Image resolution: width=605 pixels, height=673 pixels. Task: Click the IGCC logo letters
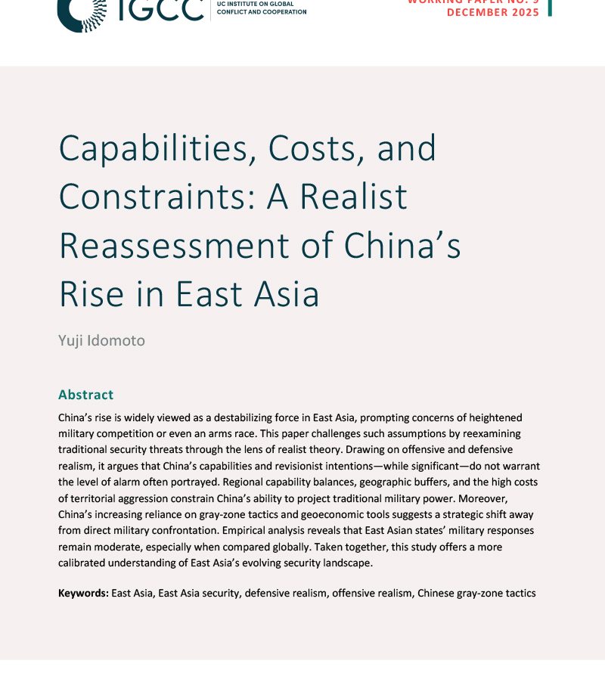(160, 9)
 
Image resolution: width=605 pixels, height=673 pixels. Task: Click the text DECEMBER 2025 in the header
(493, 13)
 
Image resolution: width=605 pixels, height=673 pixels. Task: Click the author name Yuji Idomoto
(101, 340)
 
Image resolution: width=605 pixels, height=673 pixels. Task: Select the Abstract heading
(85, 394)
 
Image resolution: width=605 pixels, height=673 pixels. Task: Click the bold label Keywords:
(83, 593)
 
